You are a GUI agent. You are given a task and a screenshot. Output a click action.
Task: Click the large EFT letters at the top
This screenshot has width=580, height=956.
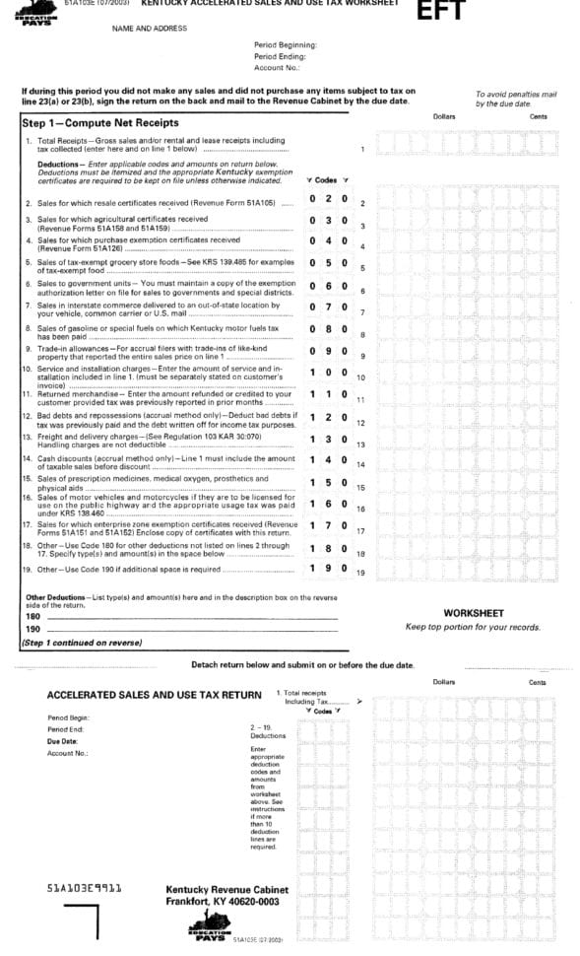[440, 12]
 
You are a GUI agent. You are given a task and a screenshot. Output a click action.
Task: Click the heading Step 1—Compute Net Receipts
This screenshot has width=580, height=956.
[100, 123]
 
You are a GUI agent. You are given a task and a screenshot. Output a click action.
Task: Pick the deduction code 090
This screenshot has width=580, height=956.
[328, 350]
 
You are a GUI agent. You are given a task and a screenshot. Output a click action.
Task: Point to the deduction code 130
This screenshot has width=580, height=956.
[328, 440]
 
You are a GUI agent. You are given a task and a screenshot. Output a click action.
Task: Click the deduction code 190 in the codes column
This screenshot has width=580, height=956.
[328, 568]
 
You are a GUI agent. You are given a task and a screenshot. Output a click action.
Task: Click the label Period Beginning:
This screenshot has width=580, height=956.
[285, 45]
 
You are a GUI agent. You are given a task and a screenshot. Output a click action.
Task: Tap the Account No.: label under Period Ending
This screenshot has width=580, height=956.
[276, 69]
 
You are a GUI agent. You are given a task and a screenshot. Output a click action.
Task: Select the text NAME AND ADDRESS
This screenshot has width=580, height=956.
[150, 29]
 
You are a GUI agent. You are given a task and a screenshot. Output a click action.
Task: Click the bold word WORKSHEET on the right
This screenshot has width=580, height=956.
[474, 613]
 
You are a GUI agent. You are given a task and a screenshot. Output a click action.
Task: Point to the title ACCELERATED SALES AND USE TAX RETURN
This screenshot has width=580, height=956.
[155, 695]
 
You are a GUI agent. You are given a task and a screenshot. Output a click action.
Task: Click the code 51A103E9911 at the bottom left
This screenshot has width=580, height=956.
[85, 887]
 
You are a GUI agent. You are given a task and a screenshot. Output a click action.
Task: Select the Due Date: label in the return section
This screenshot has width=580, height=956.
[62, 741]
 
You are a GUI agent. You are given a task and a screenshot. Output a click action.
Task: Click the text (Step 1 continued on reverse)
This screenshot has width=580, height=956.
[82, 644]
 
